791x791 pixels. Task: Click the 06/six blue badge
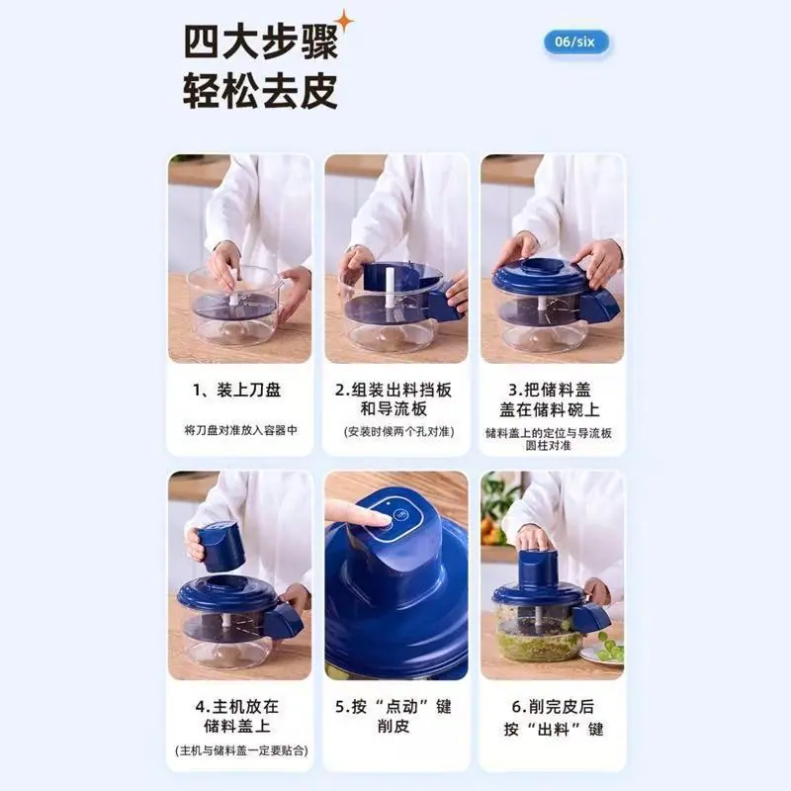point(576,42)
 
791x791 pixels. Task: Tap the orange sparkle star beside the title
point(344,22)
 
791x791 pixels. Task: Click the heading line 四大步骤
point(260,43)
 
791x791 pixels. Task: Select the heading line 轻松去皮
point(260,91)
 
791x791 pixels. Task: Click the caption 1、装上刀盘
point(236,390)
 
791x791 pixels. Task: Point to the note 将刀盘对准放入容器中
point(240,430)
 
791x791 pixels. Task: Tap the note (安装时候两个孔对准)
point(399,432)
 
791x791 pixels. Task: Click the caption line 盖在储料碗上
point(550,409)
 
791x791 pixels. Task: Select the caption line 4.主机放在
point(237,706)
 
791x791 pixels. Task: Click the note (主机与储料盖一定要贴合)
point(241,750)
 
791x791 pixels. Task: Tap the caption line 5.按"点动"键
point(394,706)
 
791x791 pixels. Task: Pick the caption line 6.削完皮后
point(553,706)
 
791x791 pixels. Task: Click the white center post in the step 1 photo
point(234,287)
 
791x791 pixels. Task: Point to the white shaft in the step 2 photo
point(390,294)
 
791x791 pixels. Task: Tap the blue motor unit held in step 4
point(220,547)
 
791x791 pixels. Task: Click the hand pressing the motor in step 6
point(535,539)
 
